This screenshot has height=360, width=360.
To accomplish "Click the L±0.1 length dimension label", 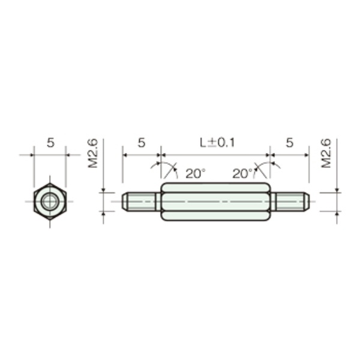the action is [x=217, y=143].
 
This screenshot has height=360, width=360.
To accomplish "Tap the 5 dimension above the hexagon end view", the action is [x=50, y=143].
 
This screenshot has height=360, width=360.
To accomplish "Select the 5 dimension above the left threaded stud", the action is [x=142, y=143].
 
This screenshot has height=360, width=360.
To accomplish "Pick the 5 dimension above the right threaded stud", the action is [x=290, y=143].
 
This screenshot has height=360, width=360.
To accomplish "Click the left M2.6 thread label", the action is [x=93, y=153].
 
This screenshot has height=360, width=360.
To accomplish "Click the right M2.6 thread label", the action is [x=326, y=153].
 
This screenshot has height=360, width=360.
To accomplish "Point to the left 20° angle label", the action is [x=196, y=173].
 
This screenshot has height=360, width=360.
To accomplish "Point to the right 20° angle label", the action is [x=242, y=173].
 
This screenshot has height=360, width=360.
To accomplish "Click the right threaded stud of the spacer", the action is [x=290, y=202].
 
